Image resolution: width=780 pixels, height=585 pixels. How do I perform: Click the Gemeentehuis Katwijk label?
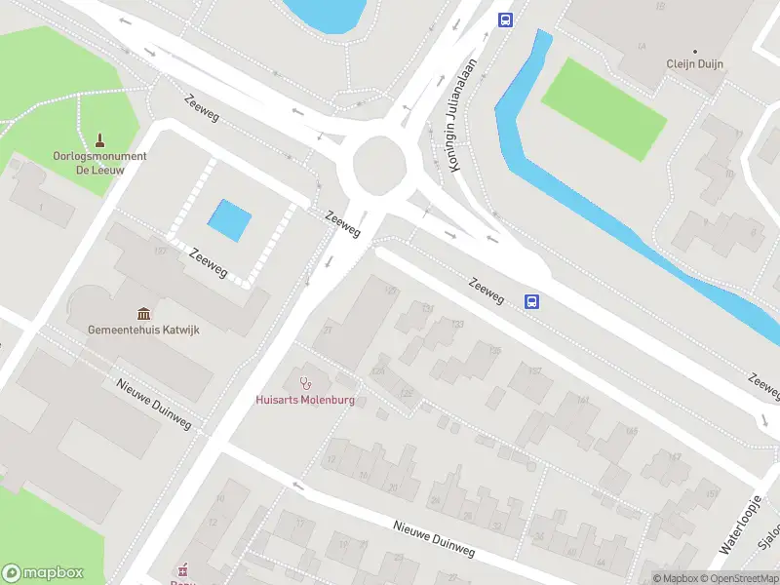143,331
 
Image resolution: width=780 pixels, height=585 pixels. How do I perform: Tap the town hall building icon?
144,313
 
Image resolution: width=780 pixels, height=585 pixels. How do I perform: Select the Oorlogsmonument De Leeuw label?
99,162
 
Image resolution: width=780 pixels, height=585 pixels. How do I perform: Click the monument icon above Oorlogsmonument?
99,140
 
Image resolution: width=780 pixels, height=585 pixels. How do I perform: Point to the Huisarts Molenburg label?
305,400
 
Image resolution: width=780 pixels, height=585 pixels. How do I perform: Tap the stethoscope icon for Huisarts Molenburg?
305,381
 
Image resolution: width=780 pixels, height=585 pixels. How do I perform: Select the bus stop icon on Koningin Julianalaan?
505,19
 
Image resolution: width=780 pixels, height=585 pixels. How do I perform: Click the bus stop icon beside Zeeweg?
531,302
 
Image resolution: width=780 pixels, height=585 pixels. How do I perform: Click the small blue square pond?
230,220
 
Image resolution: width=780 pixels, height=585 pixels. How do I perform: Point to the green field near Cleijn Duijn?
604,108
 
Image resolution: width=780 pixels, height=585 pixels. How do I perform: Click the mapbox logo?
43,573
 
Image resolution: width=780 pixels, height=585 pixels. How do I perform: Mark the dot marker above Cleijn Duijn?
694,51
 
